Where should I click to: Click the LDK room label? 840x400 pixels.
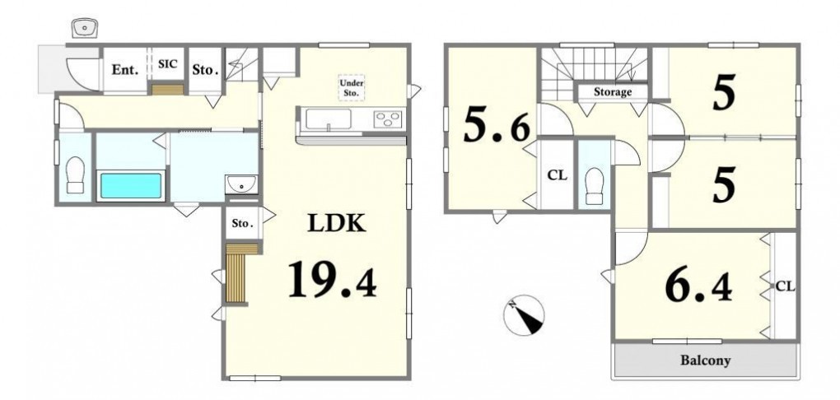[337, 223]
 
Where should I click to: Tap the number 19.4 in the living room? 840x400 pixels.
[332, 279]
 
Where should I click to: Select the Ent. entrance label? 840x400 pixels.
[125, 70]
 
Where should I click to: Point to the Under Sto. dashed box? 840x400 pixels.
[352, 88]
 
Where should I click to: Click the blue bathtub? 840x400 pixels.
[131, 185]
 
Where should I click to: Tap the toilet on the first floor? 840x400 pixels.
[75, 174]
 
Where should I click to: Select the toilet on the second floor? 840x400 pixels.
[595, 186]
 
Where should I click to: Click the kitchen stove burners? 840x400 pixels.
[389, 118]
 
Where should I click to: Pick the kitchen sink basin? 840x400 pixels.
[328, 119]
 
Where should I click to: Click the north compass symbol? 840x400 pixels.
[524, 315]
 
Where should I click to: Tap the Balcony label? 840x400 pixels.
[705, 360]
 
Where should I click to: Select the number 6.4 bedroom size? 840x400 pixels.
[698, 288]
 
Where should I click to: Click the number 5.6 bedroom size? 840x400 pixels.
[497, 126]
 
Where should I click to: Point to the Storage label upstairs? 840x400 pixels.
[613, 92]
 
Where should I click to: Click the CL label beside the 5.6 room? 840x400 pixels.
[558, 175]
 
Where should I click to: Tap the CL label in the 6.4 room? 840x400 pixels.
[785, 286]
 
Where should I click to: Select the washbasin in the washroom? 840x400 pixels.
[241, 184]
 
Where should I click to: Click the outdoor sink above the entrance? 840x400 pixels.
[84, 28]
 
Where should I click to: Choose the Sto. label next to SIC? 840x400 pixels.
[205, 70]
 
